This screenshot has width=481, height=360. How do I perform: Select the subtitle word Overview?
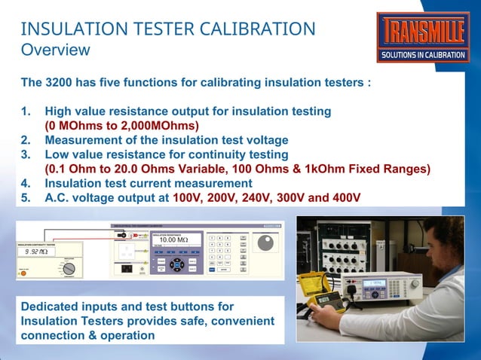[55, 50]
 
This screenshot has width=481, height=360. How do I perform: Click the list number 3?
[25, 154]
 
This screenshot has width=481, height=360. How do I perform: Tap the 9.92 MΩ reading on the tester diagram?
[35, 252]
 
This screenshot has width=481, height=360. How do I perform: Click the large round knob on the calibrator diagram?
[265, 244]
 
